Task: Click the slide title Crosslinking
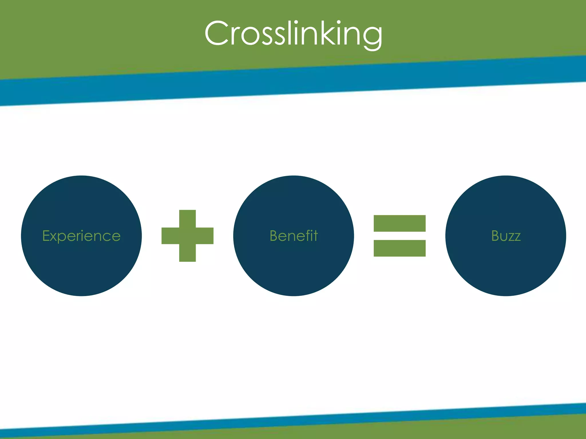293,34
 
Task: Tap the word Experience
81,236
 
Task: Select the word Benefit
294,236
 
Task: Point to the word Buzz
506,236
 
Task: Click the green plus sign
187,236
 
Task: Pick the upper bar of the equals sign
399,223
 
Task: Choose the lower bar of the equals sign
399,248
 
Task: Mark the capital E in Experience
46,236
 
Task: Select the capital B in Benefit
274,236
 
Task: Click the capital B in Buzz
496,236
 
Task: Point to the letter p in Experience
64,238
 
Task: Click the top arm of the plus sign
187,218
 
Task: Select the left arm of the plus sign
170,236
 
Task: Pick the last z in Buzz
517,238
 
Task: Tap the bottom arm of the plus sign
187,253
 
